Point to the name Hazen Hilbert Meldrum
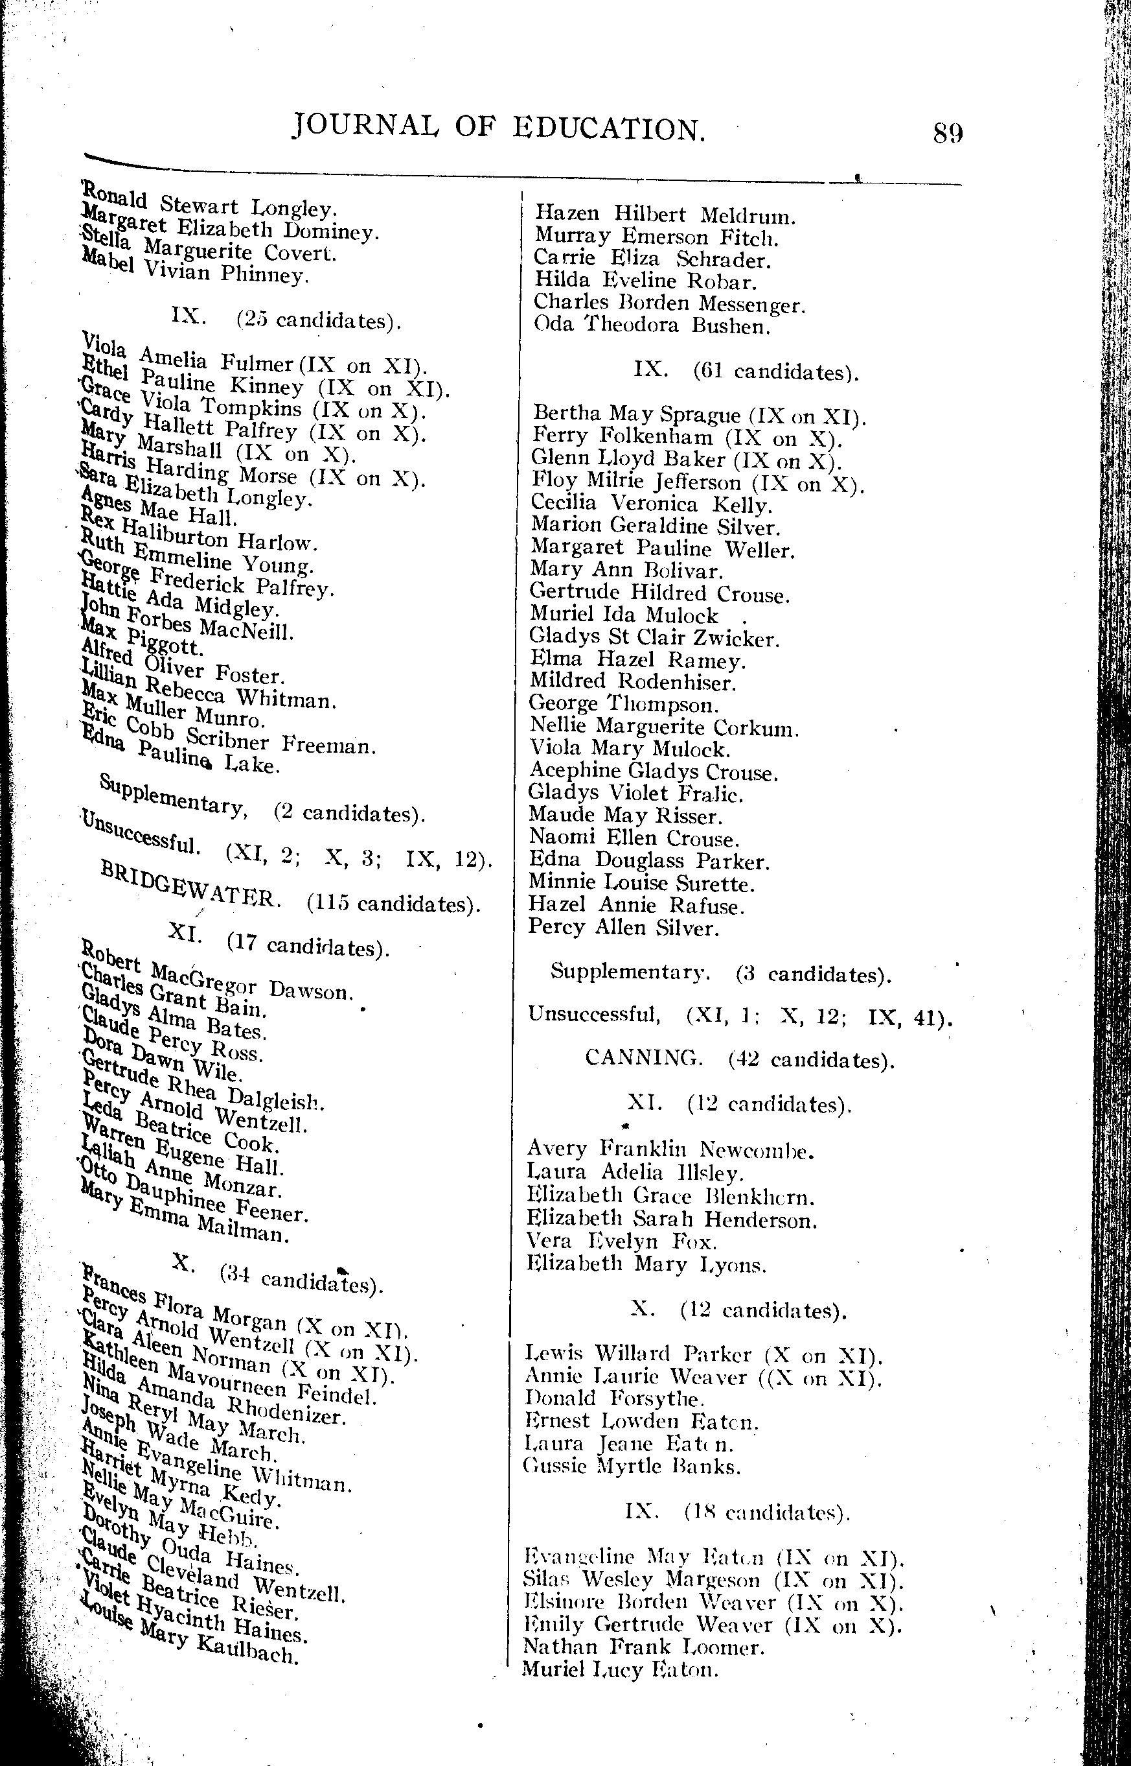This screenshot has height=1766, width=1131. coord(665,215)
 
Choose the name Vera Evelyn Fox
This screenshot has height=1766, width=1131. coord(621,1242)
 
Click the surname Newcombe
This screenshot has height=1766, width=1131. coord(757,1149)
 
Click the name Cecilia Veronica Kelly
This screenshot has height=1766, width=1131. coord(651,505)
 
